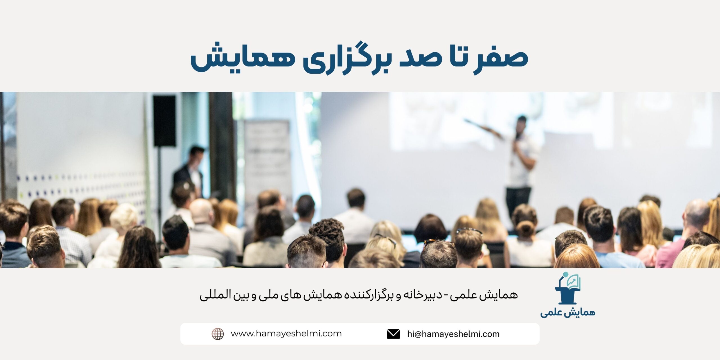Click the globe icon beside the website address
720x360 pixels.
click(218, 334)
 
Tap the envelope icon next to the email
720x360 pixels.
click(393, 334)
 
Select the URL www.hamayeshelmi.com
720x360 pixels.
click(286, 334)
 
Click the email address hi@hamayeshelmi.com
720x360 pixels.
click(453, 334)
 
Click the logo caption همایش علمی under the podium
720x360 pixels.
click(568, 313)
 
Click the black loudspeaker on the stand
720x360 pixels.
click(164, 121)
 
